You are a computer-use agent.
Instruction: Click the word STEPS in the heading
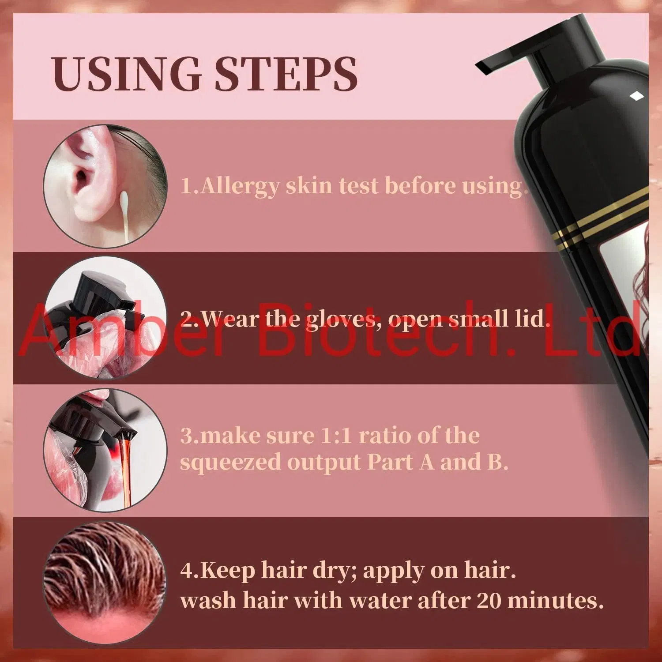pyautogui.click(x=286, y=74)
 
